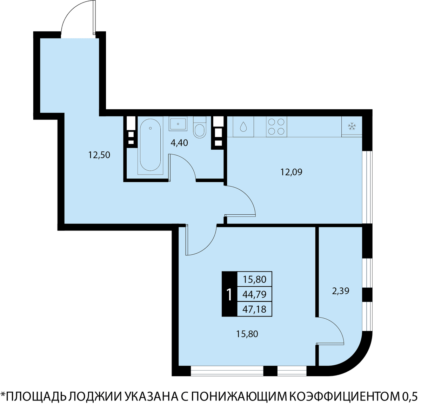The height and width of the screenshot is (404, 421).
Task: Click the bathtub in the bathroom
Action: pos(151,145)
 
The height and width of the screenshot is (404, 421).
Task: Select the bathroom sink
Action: pos(178,124)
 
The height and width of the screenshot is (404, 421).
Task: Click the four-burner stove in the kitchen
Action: pos(276,126)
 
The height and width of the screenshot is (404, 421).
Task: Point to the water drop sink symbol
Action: pos(243,126)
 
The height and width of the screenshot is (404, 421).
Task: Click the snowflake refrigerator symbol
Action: pos(352,126)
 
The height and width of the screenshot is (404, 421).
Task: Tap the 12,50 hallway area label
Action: pos(99,155)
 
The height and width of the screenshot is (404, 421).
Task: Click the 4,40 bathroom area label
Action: pos(179,143)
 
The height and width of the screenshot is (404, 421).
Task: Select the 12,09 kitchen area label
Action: pos(292,172)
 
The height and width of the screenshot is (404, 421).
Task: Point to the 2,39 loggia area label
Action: pos(341,291)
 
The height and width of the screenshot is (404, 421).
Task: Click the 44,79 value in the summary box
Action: pos(254,294)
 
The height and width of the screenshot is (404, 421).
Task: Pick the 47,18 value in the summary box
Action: pos(254,309)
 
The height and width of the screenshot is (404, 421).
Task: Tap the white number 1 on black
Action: pos(229,295)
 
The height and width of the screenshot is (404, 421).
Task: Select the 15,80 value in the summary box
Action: pos(255,279)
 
